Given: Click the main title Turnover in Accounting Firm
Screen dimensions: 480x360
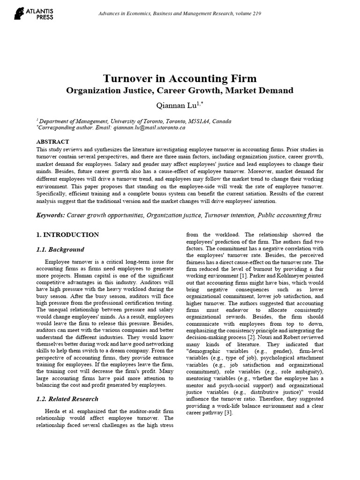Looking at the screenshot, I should [x=180, y=78].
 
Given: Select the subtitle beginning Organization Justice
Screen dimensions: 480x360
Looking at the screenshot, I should [x=180, y=90].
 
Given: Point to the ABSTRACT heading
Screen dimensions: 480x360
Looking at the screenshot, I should [x=52, y=142].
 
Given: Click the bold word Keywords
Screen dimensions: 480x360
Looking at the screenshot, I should [x=50, y=215].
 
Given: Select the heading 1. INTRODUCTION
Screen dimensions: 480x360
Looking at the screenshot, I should [x=67, y=234].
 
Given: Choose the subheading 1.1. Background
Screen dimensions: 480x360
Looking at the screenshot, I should [x=60, y=249].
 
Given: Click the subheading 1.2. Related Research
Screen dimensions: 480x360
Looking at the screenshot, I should [x=67, y=399].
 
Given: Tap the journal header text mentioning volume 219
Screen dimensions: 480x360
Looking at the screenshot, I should [x=180, y=13].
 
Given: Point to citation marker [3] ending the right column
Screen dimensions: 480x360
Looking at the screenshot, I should [x=223, y=414].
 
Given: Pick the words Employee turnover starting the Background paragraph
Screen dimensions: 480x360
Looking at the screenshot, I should [x=67, y=261].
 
